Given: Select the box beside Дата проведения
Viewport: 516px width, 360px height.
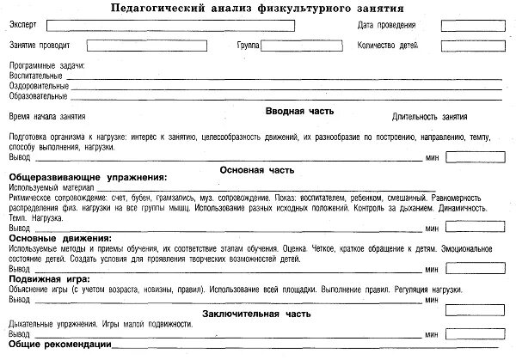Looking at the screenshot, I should coord(461,25).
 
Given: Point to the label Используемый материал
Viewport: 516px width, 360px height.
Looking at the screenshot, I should coord(50,186).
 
